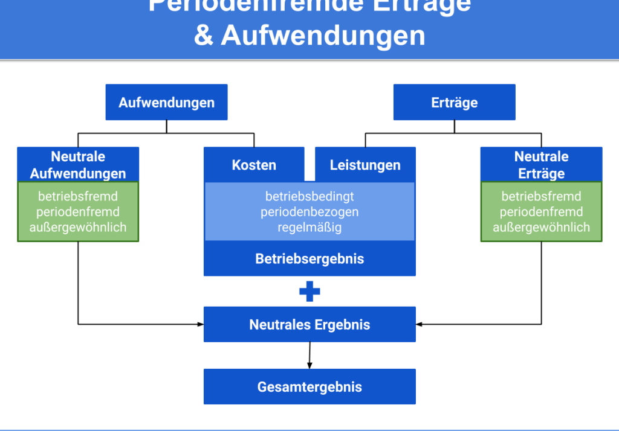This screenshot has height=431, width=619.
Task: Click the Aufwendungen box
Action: pyautogui.click(x=166, y=103)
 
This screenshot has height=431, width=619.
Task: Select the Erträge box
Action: pyautogui.click(x=454, y=103)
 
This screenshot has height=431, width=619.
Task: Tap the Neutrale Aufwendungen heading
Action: pyautogui.click(x=78, y=165)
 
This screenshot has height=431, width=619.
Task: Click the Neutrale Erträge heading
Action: pyautogui.click(x=541, y=165)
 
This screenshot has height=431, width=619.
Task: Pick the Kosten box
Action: pyautogui.click(x=254, y=165)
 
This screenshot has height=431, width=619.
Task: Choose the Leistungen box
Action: pyautogui.click(x=365, y=165)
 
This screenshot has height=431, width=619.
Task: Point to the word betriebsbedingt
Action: pyautogui.click(x=309, y=196)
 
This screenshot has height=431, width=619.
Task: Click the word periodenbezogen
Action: pyautogui.click(x=309, y=212)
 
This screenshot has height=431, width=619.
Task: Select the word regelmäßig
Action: pyautogui.click(x=309, y=228)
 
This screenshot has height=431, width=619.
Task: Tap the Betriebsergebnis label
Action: pyautogui.click(x=309, y=259)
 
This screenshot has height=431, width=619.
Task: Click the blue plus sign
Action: pyautogui.click(x=309, y=292)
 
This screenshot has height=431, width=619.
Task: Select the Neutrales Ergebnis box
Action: pyautogui.click(x=309, y=325)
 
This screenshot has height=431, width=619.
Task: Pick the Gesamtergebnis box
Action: pyautogui.click(x=309, y=387)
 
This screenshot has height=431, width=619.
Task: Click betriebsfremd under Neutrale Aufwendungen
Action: pyautogui.click(x=78, y=196)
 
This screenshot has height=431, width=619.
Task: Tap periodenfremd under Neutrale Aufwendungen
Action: pyautogui.click(x=78, y=212)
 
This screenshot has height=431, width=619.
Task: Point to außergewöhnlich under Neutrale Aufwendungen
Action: pyautogui.click(x=78, y=228)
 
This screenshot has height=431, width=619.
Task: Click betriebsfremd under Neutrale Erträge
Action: pyautogui.click(x=541, y=196)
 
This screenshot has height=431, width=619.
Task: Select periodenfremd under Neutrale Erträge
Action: pyautogui.click(x=541, y=212)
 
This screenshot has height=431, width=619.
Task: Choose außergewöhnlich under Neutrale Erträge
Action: pyautogui.click(x=541, y=228)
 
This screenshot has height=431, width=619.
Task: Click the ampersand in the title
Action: pyautogui.click(x=204, y=36)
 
